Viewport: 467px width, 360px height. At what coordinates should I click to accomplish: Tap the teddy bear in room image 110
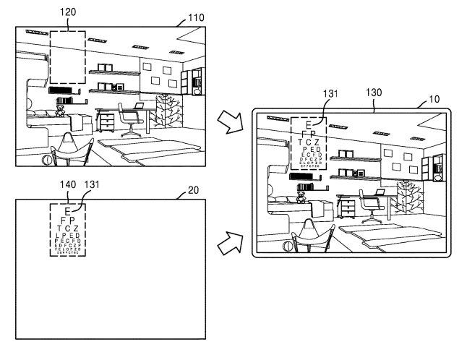point(61,111)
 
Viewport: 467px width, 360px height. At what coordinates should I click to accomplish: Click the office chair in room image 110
point(131,121)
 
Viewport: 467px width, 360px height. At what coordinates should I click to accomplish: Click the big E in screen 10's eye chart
point(309,125)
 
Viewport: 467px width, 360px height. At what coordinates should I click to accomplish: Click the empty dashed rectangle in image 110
point(67,58)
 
